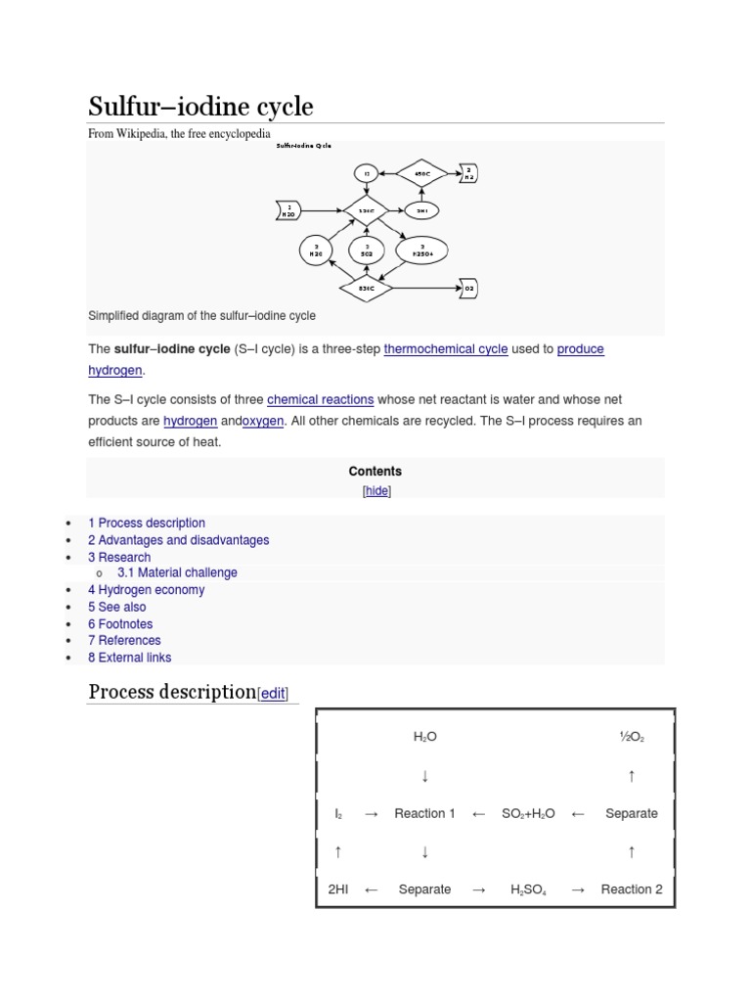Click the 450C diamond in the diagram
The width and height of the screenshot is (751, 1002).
click(x=422, y=174)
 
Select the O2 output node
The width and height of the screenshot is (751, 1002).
click(x=468, y=289)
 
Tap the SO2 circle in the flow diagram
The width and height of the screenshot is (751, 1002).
click(x=367, y=250)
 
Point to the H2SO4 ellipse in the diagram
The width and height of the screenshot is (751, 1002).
click(x=421, y=250)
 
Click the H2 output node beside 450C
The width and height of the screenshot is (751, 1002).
click(x=468, y=174)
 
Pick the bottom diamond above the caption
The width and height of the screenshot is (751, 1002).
click(x=367, y=289)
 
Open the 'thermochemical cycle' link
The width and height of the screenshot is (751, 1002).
click(x=446, y=349)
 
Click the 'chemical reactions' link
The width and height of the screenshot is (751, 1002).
click(x=320, y=399)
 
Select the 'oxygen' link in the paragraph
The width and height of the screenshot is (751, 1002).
click(x=263, y=421)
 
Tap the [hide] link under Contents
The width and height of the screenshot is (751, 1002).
click(x=376, y=491)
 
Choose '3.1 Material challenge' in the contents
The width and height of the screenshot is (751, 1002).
click(x=177, y=572)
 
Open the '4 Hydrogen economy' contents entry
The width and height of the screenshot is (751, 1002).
click(x=147, y=590)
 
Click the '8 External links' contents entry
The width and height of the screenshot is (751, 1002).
click(x=129, y=658)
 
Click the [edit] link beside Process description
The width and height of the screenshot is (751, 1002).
click(x=272, y=694)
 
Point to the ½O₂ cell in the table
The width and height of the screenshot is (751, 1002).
click(x=631, y=737)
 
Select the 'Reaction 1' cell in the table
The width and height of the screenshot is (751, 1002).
click(x=424, y=813)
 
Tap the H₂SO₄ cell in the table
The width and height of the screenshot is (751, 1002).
click(x=528, y=889)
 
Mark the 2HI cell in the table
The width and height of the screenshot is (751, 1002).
click(x=337, y=889)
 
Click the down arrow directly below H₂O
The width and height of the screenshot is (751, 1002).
click(x=424, y=776)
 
